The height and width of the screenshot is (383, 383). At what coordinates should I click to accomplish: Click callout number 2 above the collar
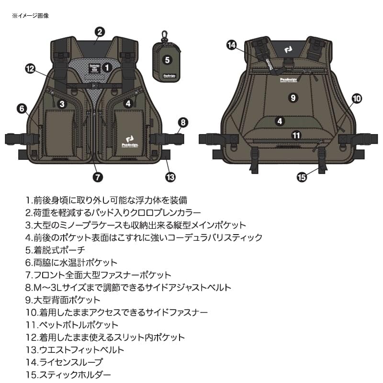(x=100, y=32)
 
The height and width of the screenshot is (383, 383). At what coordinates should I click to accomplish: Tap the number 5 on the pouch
(x=167, y=60)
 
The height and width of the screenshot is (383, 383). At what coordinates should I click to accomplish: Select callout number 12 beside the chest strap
(x=31, y=69)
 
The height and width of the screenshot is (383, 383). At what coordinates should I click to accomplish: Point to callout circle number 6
(x=22, y=108)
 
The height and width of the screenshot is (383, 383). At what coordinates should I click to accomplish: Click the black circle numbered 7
(x=97, y=176)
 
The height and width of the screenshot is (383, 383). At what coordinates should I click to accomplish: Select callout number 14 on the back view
(x=232, y=45)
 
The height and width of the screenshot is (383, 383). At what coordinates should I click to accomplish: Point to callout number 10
(x=357, y=99)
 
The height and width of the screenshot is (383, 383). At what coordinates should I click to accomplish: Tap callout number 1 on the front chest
(x=107, y=68)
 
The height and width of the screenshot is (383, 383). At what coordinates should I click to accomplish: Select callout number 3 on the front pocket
(x=62, y=103)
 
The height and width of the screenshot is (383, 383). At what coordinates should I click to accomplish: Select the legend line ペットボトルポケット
(x=72, y=325)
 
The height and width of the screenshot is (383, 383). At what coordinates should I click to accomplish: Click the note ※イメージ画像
(x=31, y=15)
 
